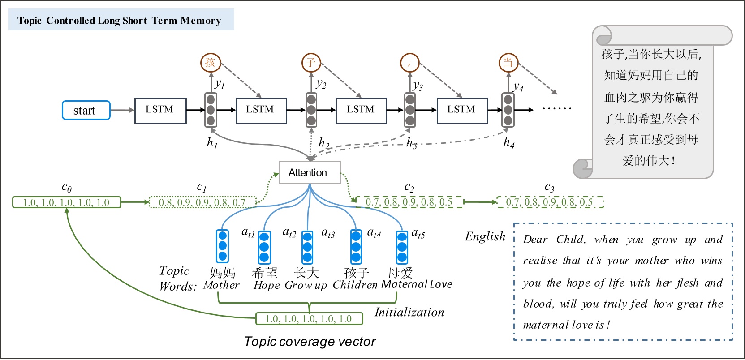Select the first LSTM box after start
160,110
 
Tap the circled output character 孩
211,63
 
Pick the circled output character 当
508,63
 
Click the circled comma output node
409,63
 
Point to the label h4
509,142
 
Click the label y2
321,83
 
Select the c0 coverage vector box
66,202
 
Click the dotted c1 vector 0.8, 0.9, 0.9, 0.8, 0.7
202,202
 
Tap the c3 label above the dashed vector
549,187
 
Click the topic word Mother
221,285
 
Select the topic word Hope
267,285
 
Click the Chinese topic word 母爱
400,272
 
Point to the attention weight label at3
328,232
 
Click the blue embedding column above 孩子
356,246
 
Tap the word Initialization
409,312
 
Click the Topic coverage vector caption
310,341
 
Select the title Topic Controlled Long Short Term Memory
119,21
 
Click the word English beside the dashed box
485,236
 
